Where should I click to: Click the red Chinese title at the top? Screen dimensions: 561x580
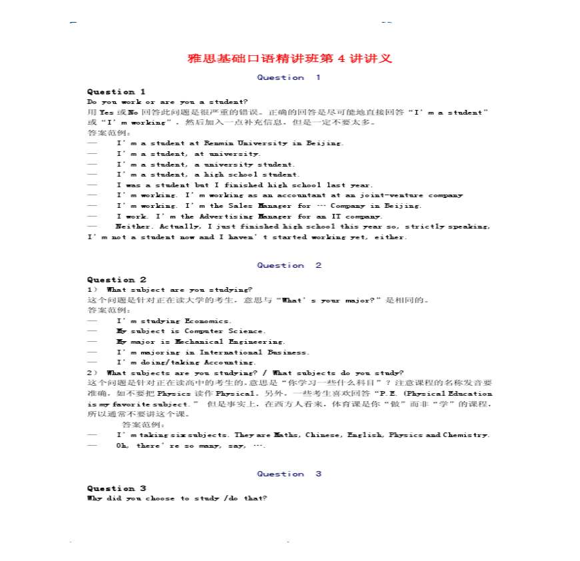(290, 59)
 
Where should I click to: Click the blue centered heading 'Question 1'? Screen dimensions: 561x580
(289, 77)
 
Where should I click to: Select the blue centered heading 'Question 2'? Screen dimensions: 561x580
(289, 265)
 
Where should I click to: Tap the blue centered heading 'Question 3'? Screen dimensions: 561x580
(289, 474)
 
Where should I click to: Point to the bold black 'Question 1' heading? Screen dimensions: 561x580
(116, 91)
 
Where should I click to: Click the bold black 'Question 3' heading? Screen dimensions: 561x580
(116, 488)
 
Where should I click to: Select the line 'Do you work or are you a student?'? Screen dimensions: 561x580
(167, 101)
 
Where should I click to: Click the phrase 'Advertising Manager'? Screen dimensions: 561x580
(237, 217)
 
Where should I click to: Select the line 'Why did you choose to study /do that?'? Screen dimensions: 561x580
(177, 498)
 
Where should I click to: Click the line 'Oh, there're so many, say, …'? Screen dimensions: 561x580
(191, 446)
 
